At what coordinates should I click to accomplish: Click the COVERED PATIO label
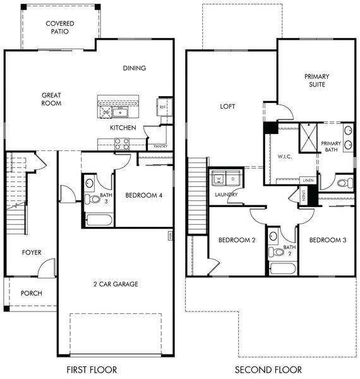pyautogui.click(x=60, y=28)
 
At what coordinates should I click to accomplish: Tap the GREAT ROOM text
pyautogui.click(x=51, y=99)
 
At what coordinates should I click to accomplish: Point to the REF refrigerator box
pyautogui.click(x=162, y=107)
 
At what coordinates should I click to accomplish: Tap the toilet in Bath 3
pyautogui.click(x=93, y=199)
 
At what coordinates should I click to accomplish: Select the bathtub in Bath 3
pyautogui.click(x=98, y=220)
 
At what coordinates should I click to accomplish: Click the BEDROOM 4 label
pyautogui.click(x=143, y=196)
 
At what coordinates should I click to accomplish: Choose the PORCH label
pyautogui.click(x=32, y=294)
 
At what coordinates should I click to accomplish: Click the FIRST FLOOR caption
pyautogui.click(x=92, y=370)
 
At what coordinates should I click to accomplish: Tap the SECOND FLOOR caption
pyautogui.click(x=268, y=370)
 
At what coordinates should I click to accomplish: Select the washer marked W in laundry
pyautogui.click(x=219, y=179)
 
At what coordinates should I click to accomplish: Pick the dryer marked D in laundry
pyautogui.click(x=232, y=179)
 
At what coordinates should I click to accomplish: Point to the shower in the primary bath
pyautogui.click(x=307, y=136)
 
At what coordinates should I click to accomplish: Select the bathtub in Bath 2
pyautogui.click(x=282, y=269)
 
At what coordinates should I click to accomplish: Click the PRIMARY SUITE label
pyautogui.click(x=316, y=80)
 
